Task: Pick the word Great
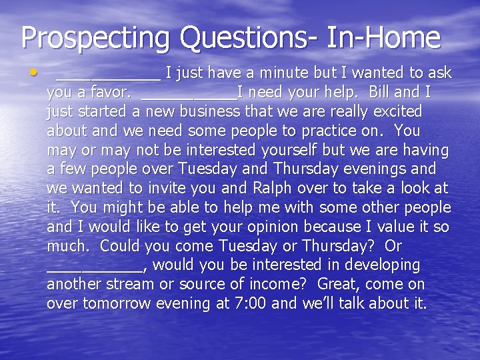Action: click(341, 285)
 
